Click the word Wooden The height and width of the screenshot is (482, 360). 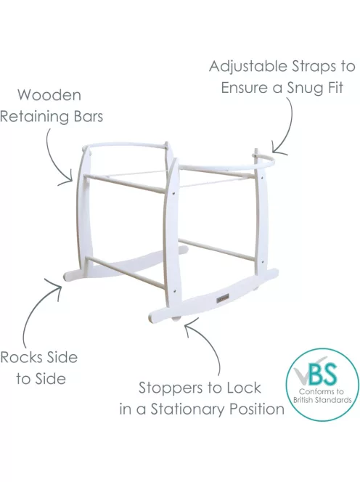pos(49,95)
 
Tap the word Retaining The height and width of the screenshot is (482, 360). pos(35,117)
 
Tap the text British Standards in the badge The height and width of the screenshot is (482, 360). pos(322,400)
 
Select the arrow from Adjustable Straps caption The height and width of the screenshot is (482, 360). pos(284,126)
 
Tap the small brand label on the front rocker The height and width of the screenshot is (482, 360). pos(221,298)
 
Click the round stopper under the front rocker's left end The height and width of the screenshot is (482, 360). pos(176,319)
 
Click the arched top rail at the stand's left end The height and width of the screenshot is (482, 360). pos(126,144)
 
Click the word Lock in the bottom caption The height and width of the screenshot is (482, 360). pos(244,388)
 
